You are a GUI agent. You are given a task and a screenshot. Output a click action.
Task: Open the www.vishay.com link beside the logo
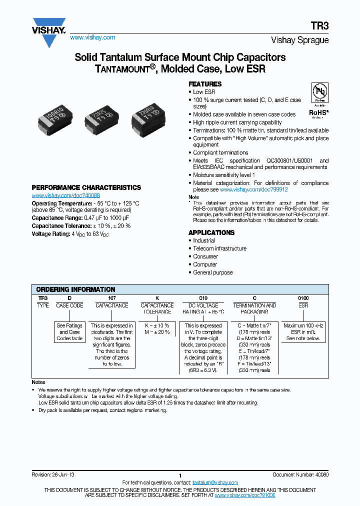click(x=92, y=37)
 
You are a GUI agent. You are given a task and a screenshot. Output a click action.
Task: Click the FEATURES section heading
click(x=205, y=84)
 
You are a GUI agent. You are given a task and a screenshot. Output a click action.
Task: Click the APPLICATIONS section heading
click(x=211, y=232)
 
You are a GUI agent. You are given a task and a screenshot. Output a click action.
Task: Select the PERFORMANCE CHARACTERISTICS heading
click(x=86, y=187)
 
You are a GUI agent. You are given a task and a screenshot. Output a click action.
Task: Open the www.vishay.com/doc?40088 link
click(x=65, y=195)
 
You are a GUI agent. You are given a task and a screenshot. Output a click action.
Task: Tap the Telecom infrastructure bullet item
click(x=219, y=248)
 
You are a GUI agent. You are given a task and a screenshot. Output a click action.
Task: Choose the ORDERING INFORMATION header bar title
click(x=76, y=289)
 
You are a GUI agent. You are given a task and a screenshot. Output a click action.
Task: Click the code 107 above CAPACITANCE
click(x=111, y=298)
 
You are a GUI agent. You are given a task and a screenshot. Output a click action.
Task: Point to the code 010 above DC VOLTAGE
click(x=203, y=298)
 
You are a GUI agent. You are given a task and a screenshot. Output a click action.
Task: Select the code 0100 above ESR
click(x=303, y=298)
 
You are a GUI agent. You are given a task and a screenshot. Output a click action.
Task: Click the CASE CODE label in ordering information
click(x=69, y=305)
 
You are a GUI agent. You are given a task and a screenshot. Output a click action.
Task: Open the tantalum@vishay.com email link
click(x=215, y=482)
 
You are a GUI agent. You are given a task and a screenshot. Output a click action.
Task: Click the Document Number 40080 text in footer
click(x=300, y=474)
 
